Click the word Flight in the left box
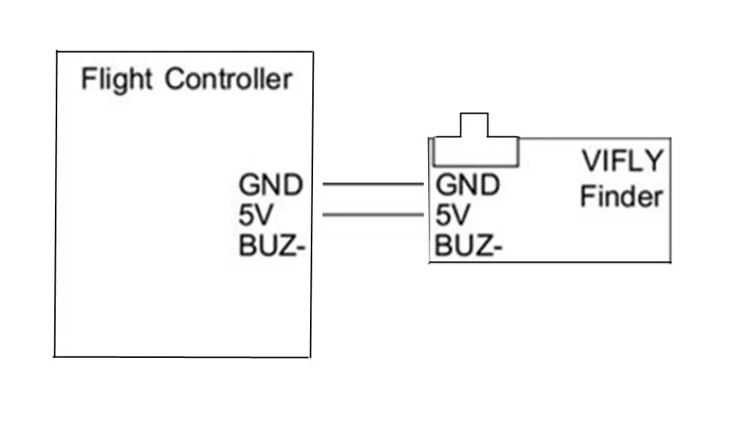point(117,80)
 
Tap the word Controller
point(229,78)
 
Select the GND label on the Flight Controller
point(270,185)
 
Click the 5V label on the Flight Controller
point(255,215)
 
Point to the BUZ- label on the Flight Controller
point(272,246)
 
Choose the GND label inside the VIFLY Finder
point(468,185)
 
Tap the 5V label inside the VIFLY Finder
point(452,215)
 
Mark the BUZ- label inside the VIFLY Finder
point(468,246)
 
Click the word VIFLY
point(622,161)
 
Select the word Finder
point(622,196)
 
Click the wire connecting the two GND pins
point(373,184)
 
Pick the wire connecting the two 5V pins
point(373,215)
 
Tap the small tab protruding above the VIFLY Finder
point(474,125)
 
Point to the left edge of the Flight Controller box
point(56,204)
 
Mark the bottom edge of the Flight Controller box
point(182,357)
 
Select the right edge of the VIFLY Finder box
point(671,200)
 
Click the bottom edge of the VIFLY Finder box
point(550,262)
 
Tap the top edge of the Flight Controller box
point(185,51)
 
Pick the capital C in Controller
point(175,78)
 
